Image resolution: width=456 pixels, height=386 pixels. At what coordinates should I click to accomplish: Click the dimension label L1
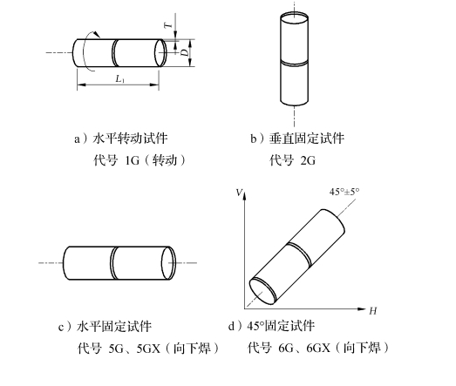[x=119, y=78]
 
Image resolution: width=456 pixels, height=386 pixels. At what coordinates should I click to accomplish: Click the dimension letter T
[x=168, y=25]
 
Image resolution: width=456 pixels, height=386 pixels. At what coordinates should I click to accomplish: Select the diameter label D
[x=184, y=52]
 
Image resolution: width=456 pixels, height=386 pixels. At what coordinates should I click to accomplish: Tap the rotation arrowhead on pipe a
[x=97, y=34]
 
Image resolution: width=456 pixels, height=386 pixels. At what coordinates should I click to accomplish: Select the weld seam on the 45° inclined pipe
[x=300, y=254]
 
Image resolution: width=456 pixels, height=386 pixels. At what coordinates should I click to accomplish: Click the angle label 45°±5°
[x=344, y=192]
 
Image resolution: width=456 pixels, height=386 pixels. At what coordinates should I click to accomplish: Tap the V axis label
[x=239, y=193]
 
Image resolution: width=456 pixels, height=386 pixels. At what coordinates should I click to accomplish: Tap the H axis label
[x=373, y=311]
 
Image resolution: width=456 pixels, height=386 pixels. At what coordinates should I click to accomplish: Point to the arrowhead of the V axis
[x=245, y=196]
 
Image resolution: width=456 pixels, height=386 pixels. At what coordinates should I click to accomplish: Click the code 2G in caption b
[x=308, y=160]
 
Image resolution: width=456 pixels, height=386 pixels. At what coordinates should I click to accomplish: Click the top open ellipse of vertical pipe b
[x=294, y=20]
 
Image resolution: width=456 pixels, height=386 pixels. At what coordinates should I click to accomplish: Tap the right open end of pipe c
[x=168, y=263]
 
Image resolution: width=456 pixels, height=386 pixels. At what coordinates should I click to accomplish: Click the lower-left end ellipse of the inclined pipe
[x=262, y=291]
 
